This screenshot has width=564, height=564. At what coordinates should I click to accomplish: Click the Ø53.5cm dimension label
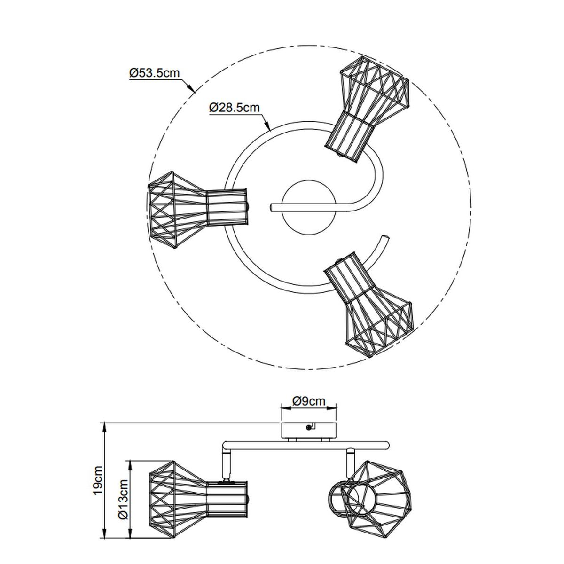pos(154,72)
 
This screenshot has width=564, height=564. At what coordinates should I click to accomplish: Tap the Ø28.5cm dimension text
pos(235,108)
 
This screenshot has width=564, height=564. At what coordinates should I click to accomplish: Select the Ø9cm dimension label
pos(308,401)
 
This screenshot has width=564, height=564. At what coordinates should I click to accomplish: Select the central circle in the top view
pos(310,207)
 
